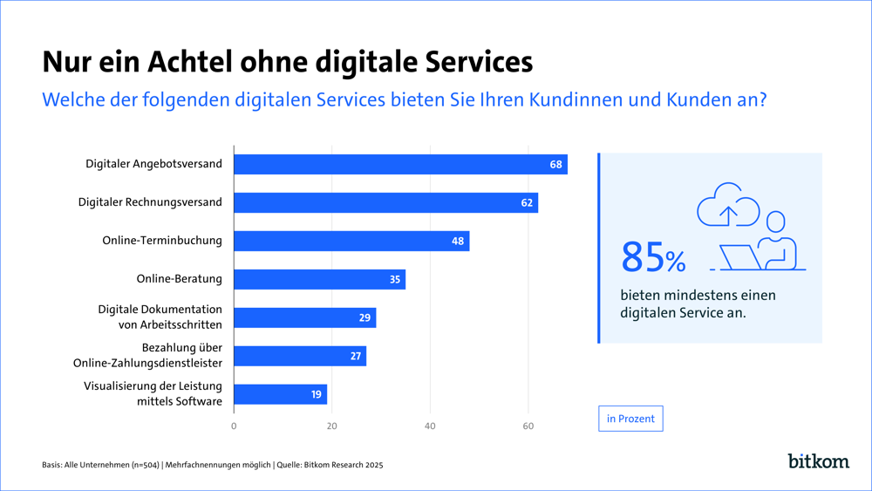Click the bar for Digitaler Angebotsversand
click(x=400, y=164)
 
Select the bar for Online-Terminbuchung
click(x=351, y=241)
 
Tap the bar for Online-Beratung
click(x=319, y=279)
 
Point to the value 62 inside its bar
click(x=527, y=203)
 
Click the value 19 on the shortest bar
click(x=316, y=395)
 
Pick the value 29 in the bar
click(x=364, y=318)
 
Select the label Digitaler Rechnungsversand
click(x=150, y=202)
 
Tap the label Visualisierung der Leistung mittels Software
click(x=153, y=394)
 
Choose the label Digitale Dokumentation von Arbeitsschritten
click(x=160, y=317)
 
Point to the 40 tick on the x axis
click(x=430, y=426)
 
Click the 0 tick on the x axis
click(x=234, y=426)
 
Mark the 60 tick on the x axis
click(x=528, y=426)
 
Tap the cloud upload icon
click(x=728, y=207)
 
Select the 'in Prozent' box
click(x=630, y=419)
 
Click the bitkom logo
click(x=818, y=460)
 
